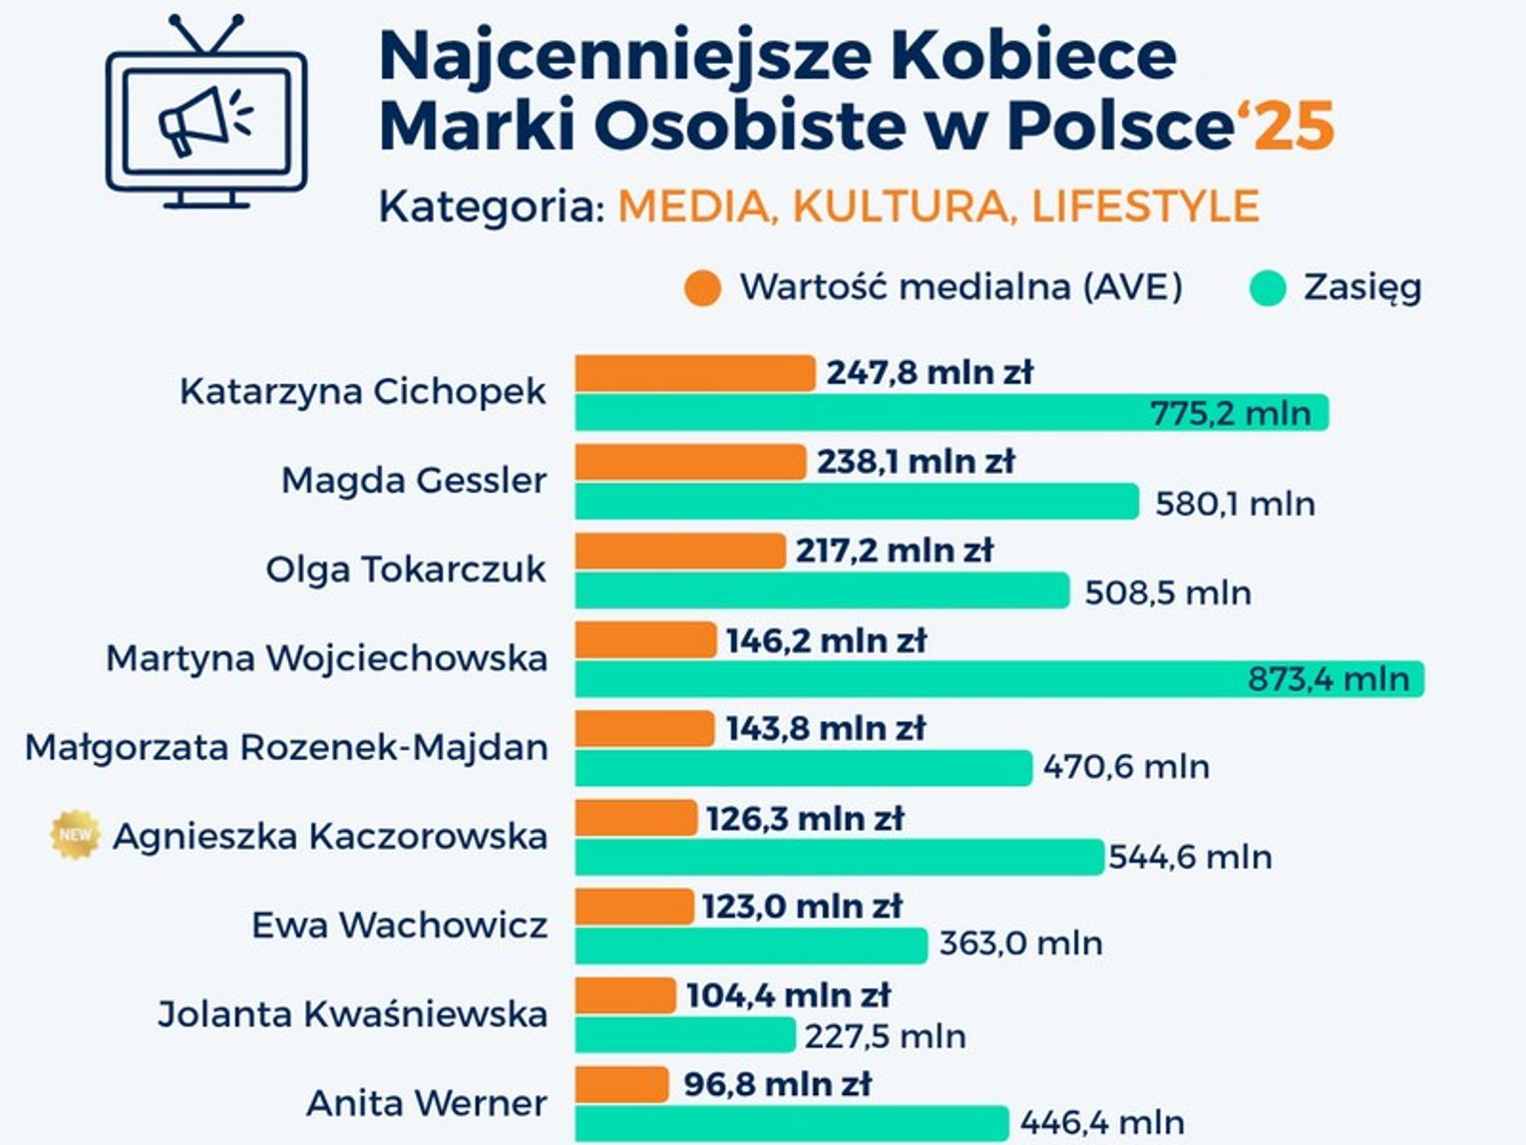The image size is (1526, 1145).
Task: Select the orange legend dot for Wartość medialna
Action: (702, 288)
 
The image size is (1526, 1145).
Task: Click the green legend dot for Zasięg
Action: (1268, 288)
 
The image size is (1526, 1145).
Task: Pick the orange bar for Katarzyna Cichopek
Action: (695, 373)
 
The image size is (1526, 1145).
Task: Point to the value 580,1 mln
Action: (1235, 504)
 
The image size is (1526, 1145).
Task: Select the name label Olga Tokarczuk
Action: (405, 570)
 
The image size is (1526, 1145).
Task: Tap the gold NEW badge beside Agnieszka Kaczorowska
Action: (75, 835)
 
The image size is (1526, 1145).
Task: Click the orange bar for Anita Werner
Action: (621, 1084)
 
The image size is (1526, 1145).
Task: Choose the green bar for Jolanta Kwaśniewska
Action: (685, 1035)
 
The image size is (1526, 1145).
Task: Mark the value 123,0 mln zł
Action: (801, 907)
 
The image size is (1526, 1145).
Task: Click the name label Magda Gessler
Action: (413, 481)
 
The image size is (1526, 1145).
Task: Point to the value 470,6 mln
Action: (1126, 767)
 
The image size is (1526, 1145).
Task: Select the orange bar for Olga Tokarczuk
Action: (680, 551)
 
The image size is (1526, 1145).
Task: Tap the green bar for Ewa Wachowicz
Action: (751, 945)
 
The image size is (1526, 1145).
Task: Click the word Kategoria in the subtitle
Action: (491, 207)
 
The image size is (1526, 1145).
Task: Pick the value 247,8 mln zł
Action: (930, 373)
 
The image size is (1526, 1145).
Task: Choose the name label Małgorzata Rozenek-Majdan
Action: (286, 747)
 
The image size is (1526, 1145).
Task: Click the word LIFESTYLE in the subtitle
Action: (1145, 206)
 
